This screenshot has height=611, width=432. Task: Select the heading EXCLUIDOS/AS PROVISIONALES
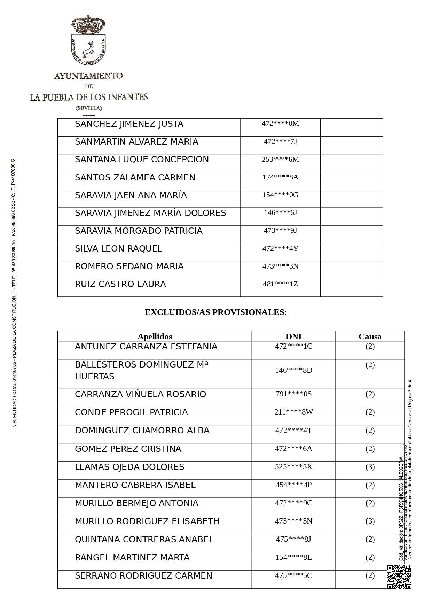coord(216,312)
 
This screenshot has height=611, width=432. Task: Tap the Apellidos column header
coord(155,337)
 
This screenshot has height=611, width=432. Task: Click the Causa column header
coord(370,337)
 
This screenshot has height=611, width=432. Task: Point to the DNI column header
coord(293,337)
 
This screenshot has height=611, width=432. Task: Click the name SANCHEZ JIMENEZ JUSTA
coord(129,124)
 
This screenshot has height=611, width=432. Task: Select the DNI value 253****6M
coord(280,159)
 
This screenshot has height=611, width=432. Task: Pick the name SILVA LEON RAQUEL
coord(118,249)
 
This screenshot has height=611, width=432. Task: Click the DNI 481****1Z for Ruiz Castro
coord(280,284)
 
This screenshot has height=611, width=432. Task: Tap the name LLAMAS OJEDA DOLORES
coord(129,467)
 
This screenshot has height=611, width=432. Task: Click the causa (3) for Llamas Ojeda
coord(370,467)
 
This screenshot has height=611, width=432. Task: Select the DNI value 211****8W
coord(293,412)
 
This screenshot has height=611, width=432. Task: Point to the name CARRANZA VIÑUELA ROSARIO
coord(140,394)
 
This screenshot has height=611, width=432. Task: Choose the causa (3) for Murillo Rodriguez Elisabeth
coord(370,521)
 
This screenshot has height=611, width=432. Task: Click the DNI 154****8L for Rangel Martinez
coord(293,557)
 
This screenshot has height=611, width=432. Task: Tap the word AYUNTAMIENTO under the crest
coord(88,76)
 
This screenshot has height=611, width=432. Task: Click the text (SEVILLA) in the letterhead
coord(89,108)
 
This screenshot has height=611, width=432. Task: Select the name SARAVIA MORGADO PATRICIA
coord(139,231)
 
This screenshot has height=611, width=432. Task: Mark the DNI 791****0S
coord(293,394)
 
